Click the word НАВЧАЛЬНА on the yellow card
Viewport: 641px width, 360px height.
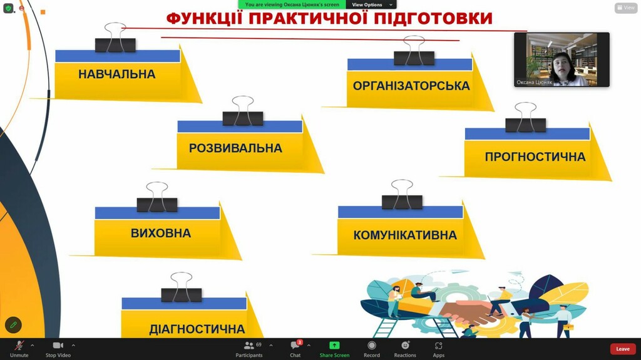[117, 74]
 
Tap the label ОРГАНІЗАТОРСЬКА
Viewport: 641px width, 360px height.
[411, 86]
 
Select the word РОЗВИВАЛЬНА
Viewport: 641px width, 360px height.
[235, 148]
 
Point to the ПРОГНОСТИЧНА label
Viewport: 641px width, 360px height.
[535, 157]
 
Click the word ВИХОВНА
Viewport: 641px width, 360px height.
[161, 233]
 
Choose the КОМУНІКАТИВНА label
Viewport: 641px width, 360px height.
[405, 235]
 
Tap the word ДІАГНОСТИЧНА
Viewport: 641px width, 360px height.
[197, 329]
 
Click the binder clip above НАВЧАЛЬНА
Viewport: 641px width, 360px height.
[115, 38]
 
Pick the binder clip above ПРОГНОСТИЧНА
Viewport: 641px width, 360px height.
[525, 118]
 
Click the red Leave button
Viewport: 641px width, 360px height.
[623, 349]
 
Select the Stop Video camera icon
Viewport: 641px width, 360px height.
[58, 346]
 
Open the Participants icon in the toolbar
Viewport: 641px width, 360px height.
[249, 346]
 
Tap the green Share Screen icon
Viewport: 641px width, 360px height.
[334, 346]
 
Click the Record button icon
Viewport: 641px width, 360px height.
[372, 346]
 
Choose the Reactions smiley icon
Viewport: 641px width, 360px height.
[405, 346]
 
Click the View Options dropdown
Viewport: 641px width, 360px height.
[372, 4]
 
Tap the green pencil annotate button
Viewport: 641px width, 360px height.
[13, 325]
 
